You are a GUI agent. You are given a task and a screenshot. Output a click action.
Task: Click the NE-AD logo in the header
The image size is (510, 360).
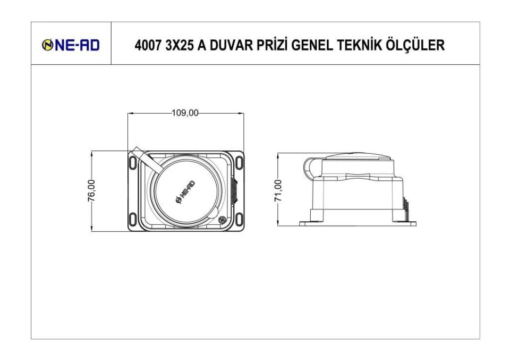tap(71, 45)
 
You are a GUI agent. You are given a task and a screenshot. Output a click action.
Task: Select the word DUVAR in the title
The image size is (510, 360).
tap(231, 46)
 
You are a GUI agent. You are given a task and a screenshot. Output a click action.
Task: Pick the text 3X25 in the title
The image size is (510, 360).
tap(180, 46)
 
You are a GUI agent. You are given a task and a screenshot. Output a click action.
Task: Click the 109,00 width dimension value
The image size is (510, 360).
tap(185, 113)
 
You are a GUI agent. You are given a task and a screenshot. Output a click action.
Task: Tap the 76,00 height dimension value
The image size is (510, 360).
tap(91, 190)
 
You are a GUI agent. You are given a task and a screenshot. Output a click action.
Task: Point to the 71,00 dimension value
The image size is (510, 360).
tap(278, 190)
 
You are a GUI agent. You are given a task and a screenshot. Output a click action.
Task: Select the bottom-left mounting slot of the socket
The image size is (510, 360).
tap(133, 219)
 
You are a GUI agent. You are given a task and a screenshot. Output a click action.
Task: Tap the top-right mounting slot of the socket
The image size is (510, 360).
tap(239, 163)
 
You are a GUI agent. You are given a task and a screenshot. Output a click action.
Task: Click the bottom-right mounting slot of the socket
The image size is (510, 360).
tap(239, 219)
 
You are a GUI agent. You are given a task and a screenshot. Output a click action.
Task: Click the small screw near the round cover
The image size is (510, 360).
tap(222, 220)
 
